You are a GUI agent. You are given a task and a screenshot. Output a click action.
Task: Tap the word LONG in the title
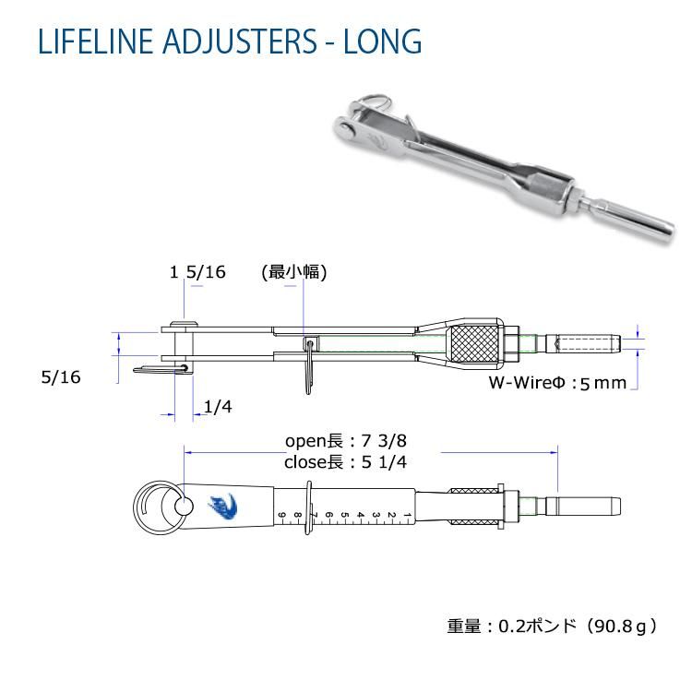382,41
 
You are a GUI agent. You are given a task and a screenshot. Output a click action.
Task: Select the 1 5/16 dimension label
197,272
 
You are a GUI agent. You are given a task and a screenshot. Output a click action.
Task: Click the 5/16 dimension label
61,376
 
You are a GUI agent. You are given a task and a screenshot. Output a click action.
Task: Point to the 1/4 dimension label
218,407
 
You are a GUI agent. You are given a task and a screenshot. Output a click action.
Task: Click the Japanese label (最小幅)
294,272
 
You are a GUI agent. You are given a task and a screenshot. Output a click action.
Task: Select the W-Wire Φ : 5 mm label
557,383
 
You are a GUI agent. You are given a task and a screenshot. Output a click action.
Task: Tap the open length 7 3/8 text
346,441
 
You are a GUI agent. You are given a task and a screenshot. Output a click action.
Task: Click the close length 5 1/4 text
345,462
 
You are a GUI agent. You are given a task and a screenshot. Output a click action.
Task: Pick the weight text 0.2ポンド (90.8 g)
552,626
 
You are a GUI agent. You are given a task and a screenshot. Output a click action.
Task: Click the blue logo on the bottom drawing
223,506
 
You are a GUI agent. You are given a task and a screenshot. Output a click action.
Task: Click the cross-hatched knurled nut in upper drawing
474,343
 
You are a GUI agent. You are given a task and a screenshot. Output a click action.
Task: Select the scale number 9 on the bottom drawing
282,515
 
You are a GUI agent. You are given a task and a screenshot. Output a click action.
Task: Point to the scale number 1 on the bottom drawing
407,515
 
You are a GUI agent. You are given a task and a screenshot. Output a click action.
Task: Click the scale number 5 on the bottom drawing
345,515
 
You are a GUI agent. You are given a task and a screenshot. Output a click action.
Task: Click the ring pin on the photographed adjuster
377,102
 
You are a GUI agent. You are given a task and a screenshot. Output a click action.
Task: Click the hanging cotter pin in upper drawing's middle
310,366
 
